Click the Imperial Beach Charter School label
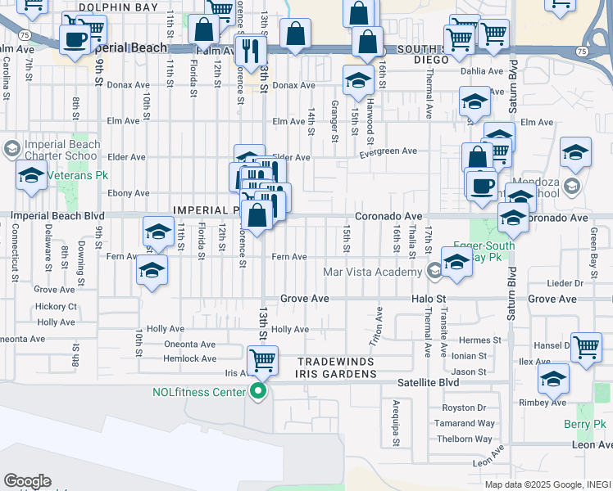pyautogui.click(x=62, y=150)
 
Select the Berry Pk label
pyautogui.click(x=584, y=424)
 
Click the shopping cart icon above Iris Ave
pyautogui.click(x=261, y=359)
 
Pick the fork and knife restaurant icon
pyautogui.click(x=250, y=49)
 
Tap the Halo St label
pyautogui.click(x=429, y=300)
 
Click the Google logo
pyautogui.click(x=26, y=481)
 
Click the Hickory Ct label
pyautogui.click(x=57, y=307)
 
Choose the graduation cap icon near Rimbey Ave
pyautogui.click(x=553, y=379)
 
